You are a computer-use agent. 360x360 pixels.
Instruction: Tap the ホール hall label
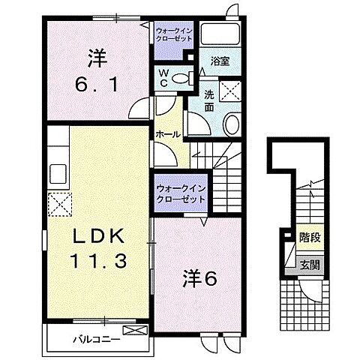[x=166, y=134]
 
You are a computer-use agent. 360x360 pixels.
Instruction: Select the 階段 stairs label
[x=310, y=237]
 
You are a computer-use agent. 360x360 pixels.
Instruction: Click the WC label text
[x=163, y=78]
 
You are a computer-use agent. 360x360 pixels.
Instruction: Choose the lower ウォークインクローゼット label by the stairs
[x=178, y=194]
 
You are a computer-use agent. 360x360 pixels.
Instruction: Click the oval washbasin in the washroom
[x=231, y=124]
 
